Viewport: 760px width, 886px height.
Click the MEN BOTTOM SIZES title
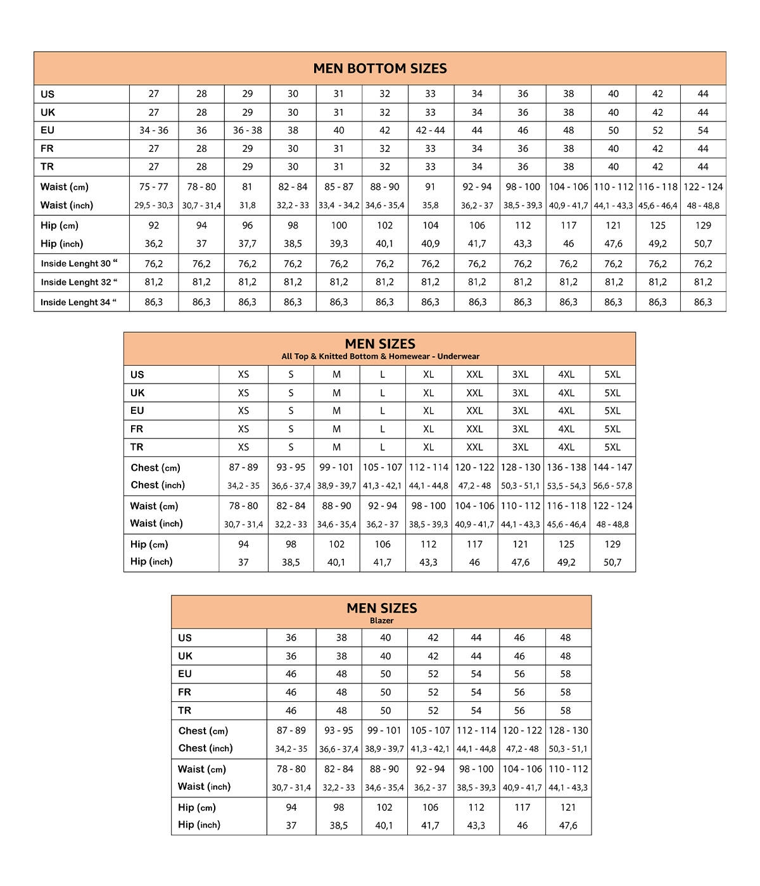tap(380, 68)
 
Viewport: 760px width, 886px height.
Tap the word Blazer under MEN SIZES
tap(381, 621)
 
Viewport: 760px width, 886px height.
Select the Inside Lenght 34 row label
tap(79, 303)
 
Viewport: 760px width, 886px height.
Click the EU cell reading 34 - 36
tap(154, 130)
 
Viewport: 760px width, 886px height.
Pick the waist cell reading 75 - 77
tap(154, 187)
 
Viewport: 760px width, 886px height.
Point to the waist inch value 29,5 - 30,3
tap(154, 206)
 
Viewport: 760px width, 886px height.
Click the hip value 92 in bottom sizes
tap(154, 225)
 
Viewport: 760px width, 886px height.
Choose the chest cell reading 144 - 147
tap(612, 467)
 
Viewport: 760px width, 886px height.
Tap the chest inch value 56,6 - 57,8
tap(612, 486)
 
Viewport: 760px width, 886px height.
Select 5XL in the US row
tap(612, 375)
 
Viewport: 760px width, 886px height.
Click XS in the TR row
tap(243, 447)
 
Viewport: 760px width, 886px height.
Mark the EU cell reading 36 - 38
tap(247, 130)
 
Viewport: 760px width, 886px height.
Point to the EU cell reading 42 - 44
tap(431, 130)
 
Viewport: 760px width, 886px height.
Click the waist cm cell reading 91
tap(431, 187)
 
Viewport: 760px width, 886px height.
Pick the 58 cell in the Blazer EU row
tap(566, 674)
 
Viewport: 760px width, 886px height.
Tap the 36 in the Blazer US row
tap(291, 638)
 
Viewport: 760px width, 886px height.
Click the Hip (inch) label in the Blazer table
tap(199, 825)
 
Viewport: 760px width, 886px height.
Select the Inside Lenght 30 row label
tap(79, 264)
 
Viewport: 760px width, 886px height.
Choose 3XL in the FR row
tap(520, 429)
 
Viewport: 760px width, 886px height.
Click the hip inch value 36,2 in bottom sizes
tap(154, 244)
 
